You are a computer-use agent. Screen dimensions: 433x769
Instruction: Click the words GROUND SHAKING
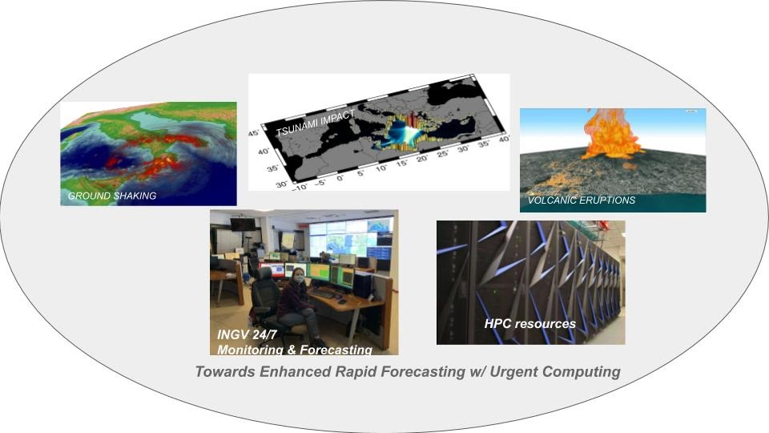pyautogui.click(x=112, y=196)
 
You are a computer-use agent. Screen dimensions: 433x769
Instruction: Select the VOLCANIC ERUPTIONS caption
pyautogui.click(x=581, y=200)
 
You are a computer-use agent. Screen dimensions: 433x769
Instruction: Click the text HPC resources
pyautogui.click(x=529, y=324)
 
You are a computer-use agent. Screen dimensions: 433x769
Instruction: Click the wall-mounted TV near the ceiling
pyautogui.click(x=242, y=224)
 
